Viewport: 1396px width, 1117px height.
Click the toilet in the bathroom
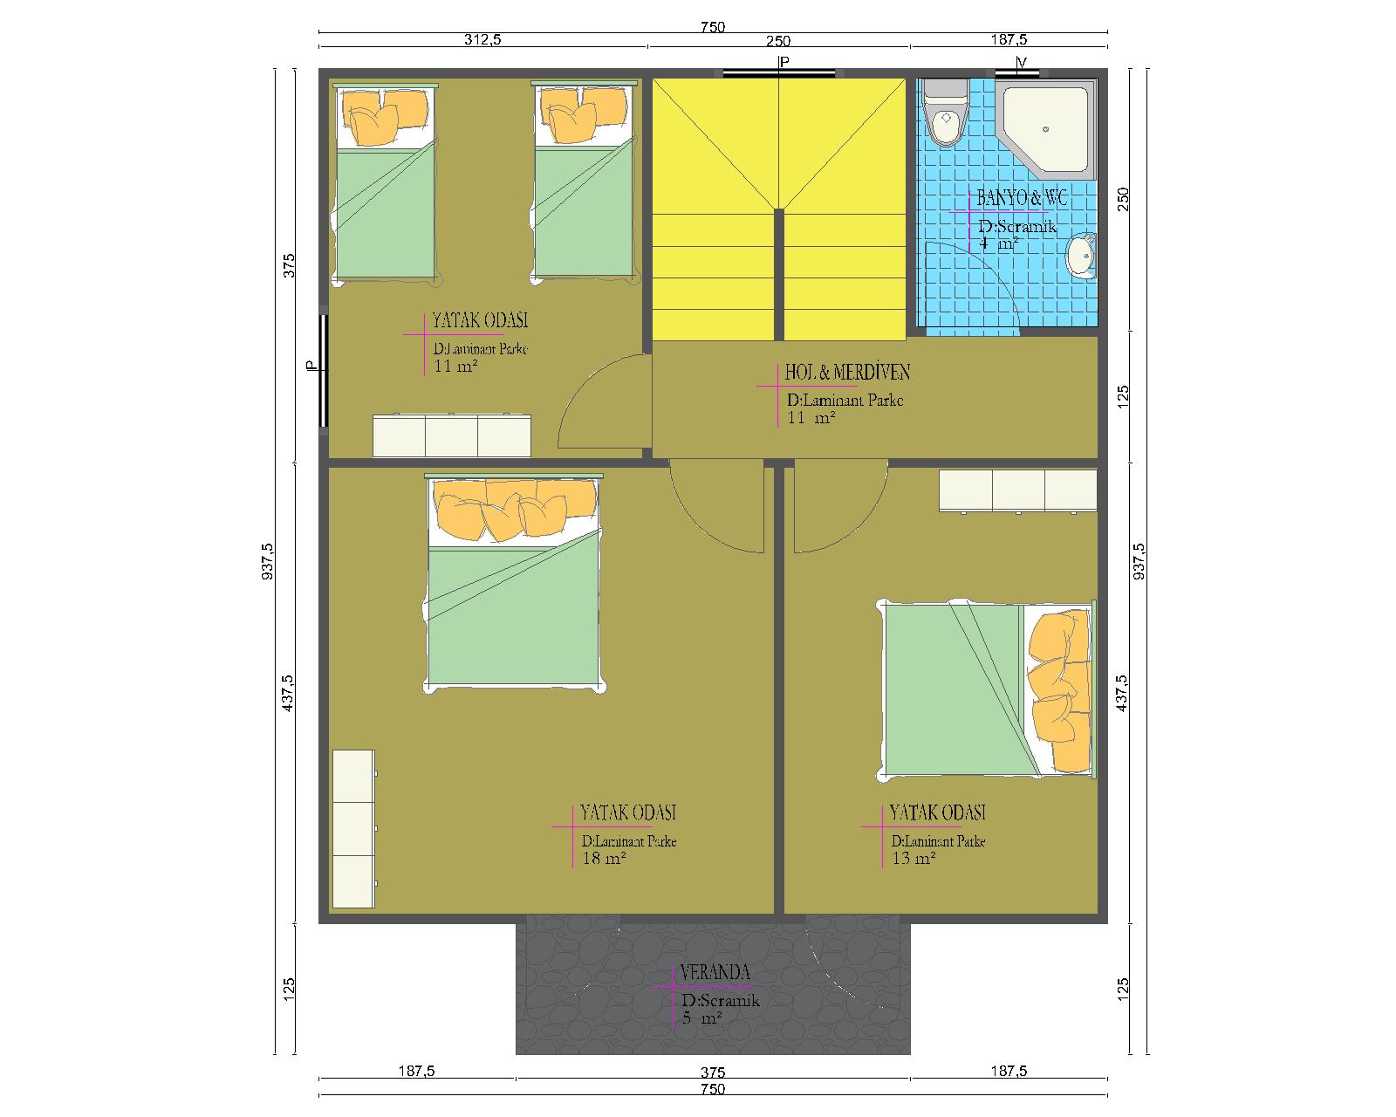pyautogui.click(x=946, y=113)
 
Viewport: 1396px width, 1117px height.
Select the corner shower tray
pyautogui.click(x=1046, y=129)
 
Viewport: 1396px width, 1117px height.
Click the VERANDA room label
pyautogui.click(x=715, y=972)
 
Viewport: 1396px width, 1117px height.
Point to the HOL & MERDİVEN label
pyautogui.click(x=847, y=372)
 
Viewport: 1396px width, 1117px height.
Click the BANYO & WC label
pyautogui.click(x=1022, y=198)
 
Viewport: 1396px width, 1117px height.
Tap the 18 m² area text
pyautogui.click(x=604, y=859)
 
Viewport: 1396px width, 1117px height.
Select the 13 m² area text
pyautogui.click(x=914, y=859)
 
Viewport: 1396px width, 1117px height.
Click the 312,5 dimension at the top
pyautogui.click(x=482, y=39)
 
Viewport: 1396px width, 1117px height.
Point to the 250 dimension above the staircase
pyautogui.click(x=778, y=41)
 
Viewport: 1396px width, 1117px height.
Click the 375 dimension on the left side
pyautogui.click(x=289, y=265)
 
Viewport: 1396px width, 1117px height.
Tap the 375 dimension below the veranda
pyautogui.click(x=713, y=1072)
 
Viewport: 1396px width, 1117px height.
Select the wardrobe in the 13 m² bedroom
pyautogui.click(x=1018, y=490)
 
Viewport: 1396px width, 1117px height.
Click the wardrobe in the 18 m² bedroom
pyautogui.click(x=354, y=829)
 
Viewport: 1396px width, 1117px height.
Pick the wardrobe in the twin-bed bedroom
pyautogui.click(x=451, y=435)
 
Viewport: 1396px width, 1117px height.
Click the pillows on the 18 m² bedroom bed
pyautogui.click(x=515, y=508)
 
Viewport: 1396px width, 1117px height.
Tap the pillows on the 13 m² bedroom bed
pyautogui.click(x=1058, y=689)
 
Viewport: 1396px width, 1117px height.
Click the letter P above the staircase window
pyautogui.click(x=784, y=62)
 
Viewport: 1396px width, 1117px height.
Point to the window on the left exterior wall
pyautogui.click(x=324, y=371)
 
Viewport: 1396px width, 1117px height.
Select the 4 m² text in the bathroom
pyautogui.click(x=997, y=244)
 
